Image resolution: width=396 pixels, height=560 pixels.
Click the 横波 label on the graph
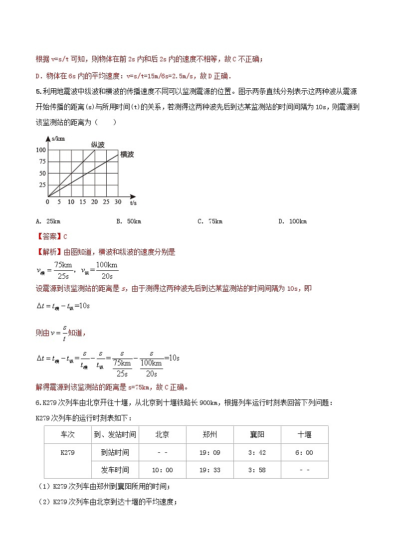click(127, 155)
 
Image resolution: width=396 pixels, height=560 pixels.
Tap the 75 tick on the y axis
click(42, 162)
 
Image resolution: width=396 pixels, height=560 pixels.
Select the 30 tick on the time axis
click(118, 202)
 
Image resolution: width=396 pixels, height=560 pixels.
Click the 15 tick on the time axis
click(83, 202)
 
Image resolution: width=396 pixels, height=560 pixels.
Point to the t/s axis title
click(134, 203)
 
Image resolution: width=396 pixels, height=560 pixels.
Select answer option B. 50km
click(129, 221)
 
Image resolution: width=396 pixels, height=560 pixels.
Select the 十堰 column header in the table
click(304, 434)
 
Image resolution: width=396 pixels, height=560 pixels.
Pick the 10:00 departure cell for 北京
click(162, 470)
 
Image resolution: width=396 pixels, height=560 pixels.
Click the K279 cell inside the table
click(67, 452)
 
